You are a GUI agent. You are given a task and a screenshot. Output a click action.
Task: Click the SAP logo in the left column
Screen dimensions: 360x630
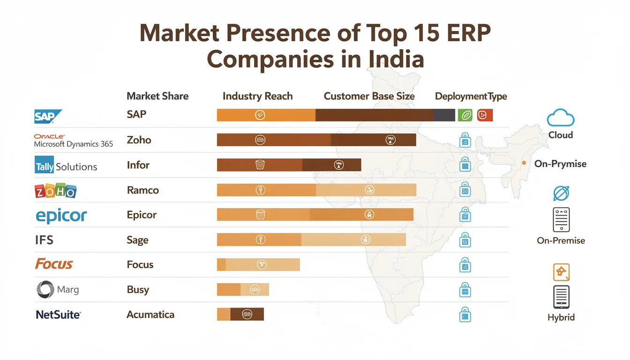pos(48,116)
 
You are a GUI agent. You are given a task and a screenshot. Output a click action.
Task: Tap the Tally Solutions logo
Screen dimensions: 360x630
pos(66,166)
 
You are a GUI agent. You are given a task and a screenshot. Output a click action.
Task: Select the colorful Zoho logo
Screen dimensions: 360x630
pos(55,191)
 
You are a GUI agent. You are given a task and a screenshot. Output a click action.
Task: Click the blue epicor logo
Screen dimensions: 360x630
pos(61,216)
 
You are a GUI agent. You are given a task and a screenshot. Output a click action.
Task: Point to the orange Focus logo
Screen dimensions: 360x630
pos(54,264)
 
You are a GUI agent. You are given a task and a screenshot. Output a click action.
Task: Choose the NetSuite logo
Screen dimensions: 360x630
pos(58,315)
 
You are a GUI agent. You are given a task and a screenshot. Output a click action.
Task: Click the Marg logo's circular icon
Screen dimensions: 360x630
pos(45,290)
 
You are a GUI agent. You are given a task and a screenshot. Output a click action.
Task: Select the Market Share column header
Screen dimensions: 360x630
pos(157,96)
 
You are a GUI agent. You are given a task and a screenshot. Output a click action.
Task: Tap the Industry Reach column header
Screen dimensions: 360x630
pos(257,96)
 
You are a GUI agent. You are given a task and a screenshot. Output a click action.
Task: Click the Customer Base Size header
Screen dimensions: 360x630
pos(369,96)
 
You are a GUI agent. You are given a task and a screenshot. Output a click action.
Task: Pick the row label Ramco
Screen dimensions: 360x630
pos(142,190)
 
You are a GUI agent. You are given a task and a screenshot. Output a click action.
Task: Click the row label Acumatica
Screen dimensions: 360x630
pos(150,315)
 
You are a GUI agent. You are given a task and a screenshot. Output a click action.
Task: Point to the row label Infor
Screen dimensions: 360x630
pos(138,165)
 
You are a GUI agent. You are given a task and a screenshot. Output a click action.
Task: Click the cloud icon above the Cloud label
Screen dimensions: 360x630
pos(561,117)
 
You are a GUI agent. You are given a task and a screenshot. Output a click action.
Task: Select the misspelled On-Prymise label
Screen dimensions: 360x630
pos(560,164)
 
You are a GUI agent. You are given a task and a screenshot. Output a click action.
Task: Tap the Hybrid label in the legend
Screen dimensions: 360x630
pos(561,317)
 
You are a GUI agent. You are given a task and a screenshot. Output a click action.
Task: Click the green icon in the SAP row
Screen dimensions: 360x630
pos(465,115)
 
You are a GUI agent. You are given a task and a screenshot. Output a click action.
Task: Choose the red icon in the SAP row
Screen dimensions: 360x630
pos(485,115)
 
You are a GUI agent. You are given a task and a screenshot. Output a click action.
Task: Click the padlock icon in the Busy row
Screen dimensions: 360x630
pos(465,290)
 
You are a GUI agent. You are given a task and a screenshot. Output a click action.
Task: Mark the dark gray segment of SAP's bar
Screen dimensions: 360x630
pos(444,115)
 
